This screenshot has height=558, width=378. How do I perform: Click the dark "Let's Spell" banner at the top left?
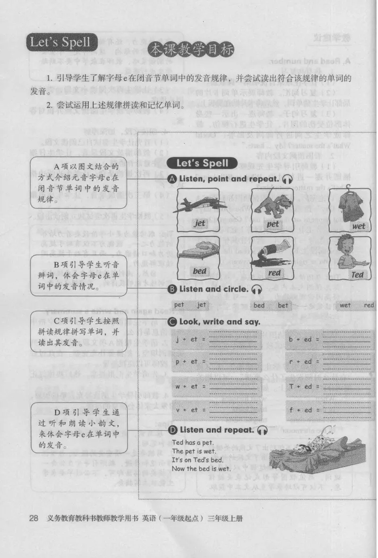[60, 43]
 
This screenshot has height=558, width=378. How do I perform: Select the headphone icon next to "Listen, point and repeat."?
[287, 180]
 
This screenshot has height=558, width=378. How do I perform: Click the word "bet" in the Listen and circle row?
[283, 305]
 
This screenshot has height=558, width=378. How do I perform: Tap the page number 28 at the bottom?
[34, 518]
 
